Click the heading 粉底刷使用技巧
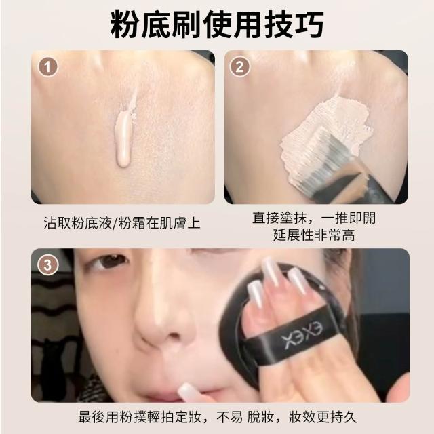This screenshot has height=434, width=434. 217,24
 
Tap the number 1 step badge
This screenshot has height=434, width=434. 48,66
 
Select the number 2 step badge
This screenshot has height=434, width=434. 239,66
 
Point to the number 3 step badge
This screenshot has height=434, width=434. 47,265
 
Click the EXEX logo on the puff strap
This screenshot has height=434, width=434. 302,336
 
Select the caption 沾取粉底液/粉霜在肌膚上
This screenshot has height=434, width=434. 122,223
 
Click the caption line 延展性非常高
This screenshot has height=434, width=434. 314,236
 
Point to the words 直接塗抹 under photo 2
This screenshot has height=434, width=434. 279,218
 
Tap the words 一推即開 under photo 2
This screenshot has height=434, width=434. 348,218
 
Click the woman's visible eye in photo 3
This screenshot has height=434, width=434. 109,262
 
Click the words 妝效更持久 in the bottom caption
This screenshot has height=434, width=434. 322,417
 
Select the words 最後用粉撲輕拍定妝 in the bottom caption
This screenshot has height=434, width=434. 140,417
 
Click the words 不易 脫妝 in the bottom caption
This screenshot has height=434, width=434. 245,417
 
